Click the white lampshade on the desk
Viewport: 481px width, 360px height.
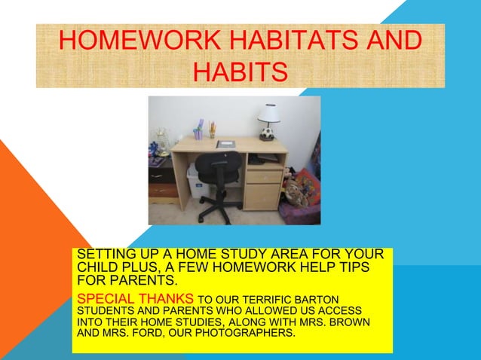pos(268,114)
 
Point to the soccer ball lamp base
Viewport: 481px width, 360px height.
pos(267,133)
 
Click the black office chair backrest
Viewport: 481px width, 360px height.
pos(218,167)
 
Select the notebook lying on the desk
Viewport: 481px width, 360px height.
pos(225,144)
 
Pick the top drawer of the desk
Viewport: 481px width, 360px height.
pos(265,176)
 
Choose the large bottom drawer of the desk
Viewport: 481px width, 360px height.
pos(265,197)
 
